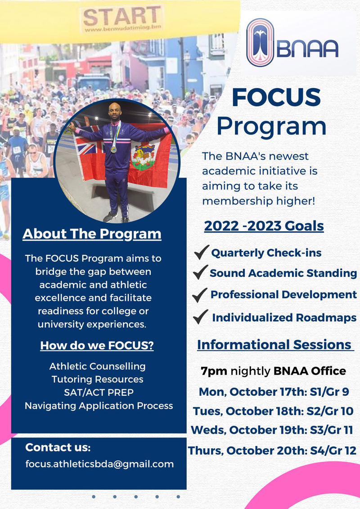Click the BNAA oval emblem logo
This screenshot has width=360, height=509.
[260, 43]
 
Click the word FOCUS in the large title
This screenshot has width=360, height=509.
[276, 97]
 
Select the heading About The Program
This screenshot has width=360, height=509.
[92, 234]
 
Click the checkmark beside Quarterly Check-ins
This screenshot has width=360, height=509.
[202, 252]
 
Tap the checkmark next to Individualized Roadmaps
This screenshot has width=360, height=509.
[200, 317]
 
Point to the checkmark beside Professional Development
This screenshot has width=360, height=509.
[199, 295]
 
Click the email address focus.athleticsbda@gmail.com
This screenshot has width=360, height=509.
[99, 464]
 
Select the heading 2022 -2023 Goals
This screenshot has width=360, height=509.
[264, 226]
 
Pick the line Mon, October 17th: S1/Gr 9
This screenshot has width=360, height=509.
[274, 392]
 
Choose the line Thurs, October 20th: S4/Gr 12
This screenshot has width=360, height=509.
[272, 451]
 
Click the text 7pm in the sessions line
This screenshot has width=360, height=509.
[214, 371]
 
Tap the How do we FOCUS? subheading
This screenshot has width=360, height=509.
[97, 345]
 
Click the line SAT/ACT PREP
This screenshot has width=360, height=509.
[99, 393]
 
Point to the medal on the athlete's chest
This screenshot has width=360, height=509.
[113, 149]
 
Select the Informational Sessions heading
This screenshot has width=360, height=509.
[275, 345]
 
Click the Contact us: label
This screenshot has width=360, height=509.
[58, 447]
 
